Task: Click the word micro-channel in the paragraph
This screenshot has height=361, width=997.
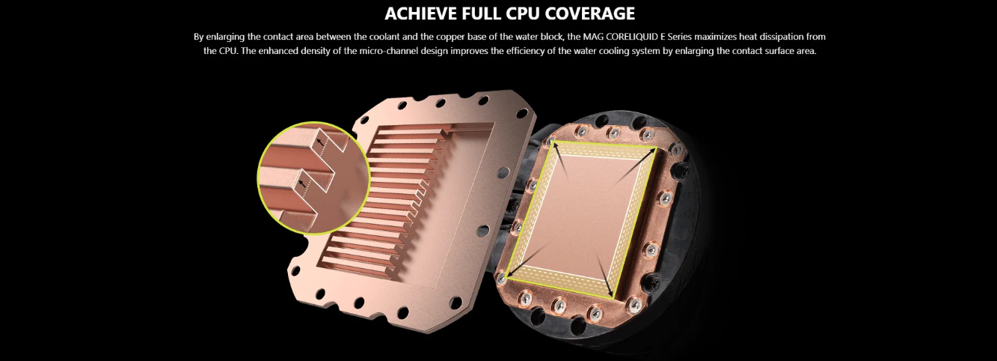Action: click(x=390, y=51)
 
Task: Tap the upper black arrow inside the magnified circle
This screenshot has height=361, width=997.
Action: click(x=319, y=142)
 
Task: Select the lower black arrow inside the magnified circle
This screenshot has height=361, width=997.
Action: click(x=303, y=183)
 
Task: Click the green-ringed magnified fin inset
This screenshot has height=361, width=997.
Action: click(x=314, y=178)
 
